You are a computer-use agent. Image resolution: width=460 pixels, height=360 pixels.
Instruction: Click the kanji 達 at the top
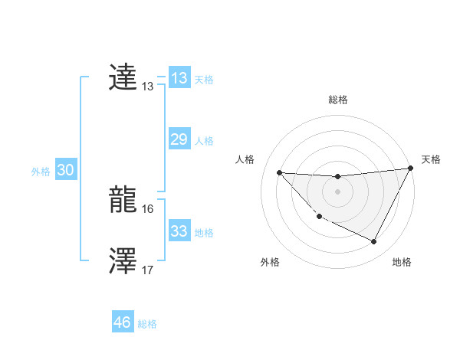click(123, 77)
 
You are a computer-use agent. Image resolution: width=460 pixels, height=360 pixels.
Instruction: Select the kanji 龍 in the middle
click(123, 200)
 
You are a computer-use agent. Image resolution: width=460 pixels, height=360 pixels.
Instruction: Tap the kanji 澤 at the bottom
click(123, 261)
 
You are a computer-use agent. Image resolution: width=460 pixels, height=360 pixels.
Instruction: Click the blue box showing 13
click(179, 78)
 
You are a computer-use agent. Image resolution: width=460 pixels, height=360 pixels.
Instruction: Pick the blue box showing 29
click(179, 139)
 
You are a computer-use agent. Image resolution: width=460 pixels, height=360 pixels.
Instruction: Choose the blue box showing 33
click(179, 231)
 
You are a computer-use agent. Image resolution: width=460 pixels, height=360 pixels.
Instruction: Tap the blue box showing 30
click(65, 171)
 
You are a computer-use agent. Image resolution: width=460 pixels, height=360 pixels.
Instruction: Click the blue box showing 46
click(123, 322)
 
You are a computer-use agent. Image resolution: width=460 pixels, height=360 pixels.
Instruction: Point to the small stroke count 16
click(148, 208)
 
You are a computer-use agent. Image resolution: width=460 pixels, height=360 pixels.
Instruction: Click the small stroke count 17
click(148, 270)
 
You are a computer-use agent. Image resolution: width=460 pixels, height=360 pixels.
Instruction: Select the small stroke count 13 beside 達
click(148, 87)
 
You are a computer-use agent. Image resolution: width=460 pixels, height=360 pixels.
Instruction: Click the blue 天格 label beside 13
click(204, 79)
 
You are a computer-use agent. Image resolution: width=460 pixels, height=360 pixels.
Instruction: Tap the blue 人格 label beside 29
click(204, 141)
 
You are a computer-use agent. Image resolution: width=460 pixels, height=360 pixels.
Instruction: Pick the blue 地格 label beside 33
click(204, 233)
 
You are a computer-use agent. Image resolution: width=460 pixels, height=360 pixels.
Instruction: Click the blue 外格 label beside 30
click(41, 172)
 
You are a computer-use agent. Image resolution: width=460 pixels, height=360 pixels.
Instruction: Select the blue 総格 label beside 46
click(147, 324)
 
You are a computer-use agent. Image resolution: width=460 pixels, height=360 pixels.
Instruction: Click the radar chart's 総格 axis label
click(337, 100)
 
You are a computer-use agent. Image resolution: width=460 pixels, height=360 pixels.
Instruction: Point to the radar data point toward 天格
click(410, 169)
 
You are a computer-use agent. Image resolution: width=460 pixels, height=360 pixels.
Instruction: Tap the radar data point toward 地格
click(374, 242)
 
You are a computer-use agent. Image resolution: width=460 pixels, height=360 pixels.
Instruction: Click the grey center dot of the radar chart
click(337, 191)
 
